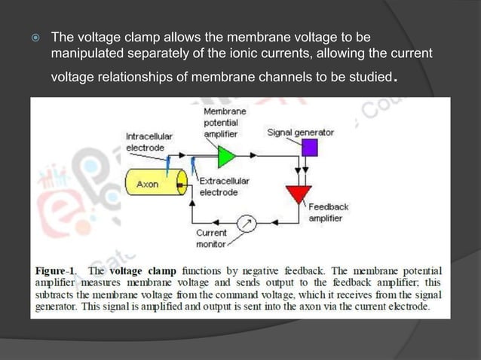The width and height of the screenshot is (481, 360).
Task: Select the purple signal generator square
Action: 309,148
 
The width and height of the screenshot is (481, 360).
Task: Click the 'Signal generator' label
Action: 301,133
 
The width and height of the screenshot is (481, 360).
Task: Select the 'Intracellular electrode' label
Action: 149,142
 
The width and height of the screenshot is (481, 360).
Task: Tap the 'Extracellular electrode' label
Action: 224,187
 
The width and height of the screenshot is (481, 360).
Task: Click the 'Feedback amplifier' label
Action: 329,212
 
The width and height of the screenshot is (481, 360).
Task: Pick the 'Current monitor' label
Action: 211,239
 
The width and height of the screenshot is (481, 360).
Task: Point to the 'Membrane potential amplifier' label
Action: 221,122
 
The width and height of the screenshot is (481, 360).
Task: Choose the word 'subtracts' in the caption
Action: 57,294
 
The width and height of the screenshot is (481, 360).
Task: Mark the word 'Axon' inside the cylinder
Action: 147,183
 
